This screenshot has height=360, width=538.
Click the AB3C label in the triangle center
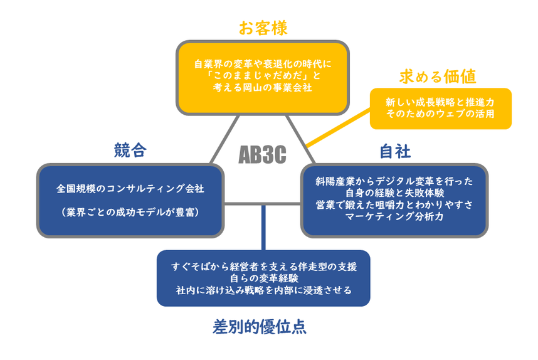click(262, 155)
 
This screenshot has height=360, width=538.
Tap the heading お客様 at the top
click(262, 28)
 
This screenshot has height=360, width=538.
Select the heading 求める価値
click(438, 77)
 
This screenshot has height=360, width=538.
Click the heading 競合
click(130, 150)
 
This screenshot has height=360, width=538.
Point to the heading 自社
click(394, 151)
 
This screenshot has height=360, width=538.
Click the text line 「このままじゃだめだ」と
click(262, 76)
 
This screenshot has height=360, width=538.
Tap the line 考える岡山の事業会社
click(262, 88)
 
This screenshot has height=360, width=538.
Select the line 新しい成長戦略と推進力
click(440, 102)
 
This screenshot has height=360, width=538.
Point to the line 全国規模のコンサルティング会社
click(130, 188)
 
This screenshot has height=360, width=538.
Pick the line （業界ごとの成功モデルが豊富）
click(130, 213)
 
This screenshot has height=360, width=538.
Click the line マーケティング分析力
click(394, 216)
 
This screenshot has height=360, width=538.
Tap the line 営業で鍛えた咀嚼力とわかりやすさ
click(394, 204)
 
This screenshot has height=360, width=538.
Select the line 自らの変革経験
click(263, 278)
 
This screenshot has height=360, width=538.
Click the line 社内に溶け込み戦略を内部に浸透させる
click(263, 290)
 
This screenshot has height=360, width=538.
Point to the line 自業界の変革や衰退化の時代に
click(262, 63)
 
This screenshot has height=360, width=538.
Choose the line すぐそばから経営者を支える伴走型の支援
click(263, 266)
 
